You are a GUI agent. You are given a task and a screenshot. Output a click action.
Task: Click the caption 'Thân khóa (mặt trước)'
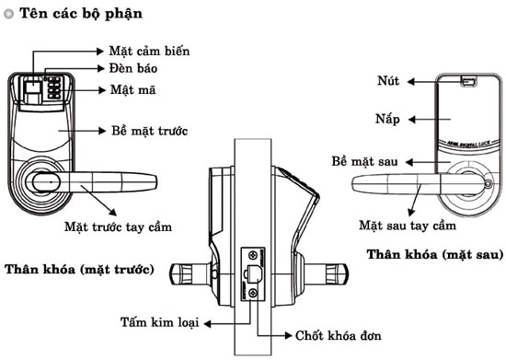pos(79,269)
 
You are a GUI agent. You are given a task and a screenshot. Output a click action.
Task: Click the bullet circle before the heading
pos(8,16)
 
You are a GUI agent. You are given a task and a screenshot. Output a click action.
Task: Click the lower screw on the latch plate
pos(253,293)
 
